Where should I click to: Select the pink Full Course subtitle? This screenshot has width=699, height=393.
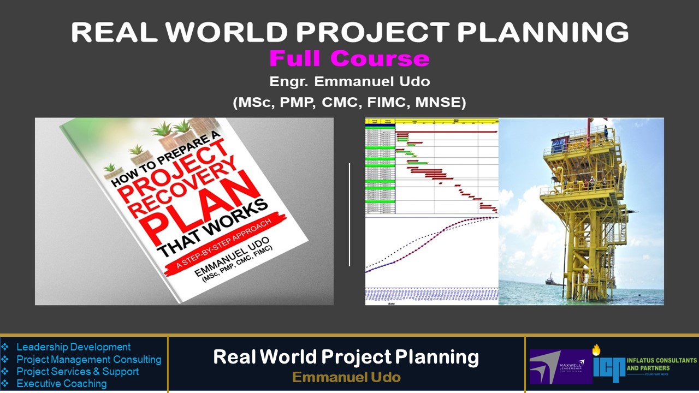349,58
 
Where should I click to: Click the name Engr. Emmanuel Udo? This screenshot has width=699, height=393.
349,82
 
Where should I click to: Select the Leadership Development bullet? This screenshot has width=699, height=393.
73,347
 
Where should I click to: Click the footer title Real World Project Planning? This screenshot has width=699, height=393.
346,357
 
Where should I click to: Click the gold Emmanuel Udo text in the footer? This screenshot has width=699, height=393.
346,377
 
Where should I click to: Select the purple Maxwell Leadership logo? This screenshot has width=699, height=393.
560,366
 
